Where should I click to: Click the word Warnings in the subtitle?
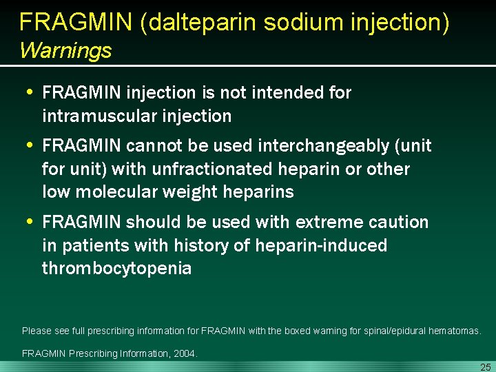pyautogui.click(x=65, y=50)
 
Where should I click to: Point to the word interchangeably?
pyautogui.click(x=315, y=146)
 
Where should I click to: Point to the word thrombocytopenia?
pyautogui.click(x=116, y=268)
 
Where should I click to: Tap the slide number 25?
pyautogui.click(x=485, y=366)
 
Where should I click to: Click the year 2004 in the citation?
pyautogui.click(x=185, y=353)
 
